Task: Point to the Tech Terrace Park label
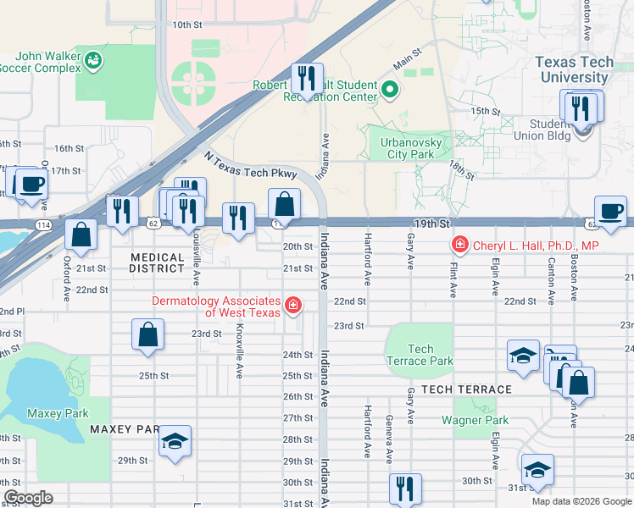tap(420, 355)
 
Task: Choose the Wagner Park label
tap(475, 420)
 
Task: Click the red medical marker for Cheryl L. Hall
tap(460, 246)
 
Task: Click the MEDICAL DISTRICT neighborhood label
tap(158, 262)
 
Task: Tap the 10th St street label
tap(186, 25)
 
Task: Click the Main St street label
tap(407, 59)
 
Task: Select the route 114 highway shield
tap(42, 224)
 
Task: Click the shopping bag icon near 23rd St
tap(147, 334)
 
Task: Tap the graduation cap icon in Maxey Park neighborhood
tap(175, 441)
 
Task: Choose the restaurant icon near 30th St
tap(405, 489)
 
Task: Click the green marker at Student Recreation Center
tap(389, 88)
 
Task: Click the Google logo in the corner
tap(29, 498)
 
